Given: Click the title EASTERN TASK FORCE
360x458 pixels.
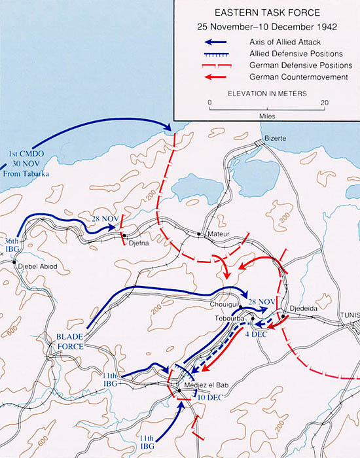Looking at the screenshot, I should (x=266, y=14).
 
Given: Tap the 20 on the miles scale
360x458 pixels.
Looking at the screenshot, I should (x=325, y=103).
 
